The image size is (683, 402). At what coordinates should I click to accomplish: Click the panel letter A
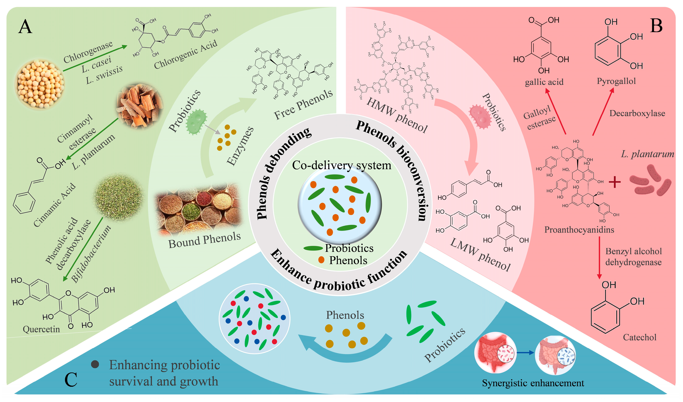25,27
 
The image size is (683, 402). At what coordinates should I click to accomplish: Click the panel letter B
656,26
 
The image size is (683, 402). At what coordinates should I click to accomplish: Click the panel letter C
71,380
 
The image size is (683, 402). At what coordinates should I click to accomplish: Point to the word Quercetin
41,329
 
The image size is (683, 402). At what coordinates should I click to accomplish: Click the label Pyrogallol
616,81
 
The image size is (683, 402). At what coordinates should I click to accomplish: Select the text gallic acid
544,82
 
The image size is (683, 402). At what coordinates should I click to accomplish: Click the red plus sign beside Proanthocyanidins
615,182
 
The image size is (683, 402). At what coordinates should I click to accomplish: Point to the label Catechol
639,337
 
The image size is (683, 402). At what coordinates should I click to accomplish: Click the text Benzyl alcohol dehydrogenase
633,257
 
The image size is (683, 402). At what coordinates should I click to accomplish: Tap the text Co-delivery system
342,165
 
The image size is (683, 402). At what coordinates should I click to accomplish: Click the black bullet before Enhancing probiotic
95,364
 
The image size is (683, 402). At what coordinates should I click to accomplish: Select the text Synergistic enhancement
533,383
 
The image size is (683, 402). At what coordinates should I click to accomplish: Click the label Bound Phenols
204,240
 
